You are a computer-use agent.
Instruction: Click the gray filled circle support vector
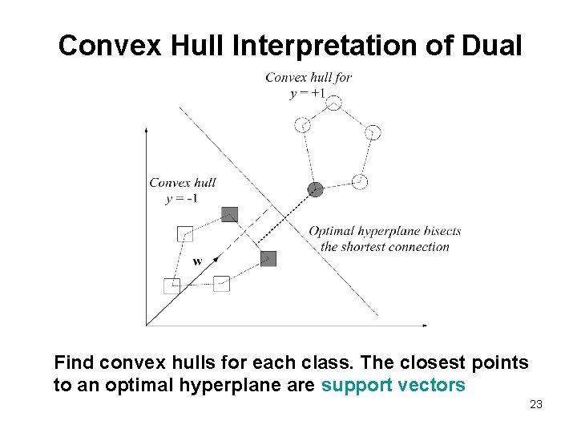316,190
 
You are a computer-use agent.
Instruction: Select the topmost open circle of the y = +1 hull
334,103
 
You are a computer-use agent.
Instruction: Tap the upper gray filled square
230,214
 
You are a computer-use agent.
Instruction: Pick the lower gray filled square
268,258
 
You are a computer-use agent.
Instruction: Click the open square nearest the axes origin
171,285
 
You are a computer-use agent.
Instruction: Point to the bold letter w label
197,261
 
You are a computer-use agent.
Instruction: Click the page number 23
536,404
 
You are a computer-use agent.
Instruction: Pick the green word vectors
434,385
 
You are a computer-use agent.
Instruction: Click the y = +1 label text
308,93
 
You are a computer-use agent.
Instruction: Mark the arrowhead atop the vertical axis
146,128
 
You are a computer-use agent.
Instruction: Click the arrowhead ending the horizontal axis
424,325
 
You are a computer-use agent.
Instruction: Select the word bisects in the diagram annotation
442,231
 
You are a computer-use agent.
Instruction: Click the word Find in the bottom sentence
74,362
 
